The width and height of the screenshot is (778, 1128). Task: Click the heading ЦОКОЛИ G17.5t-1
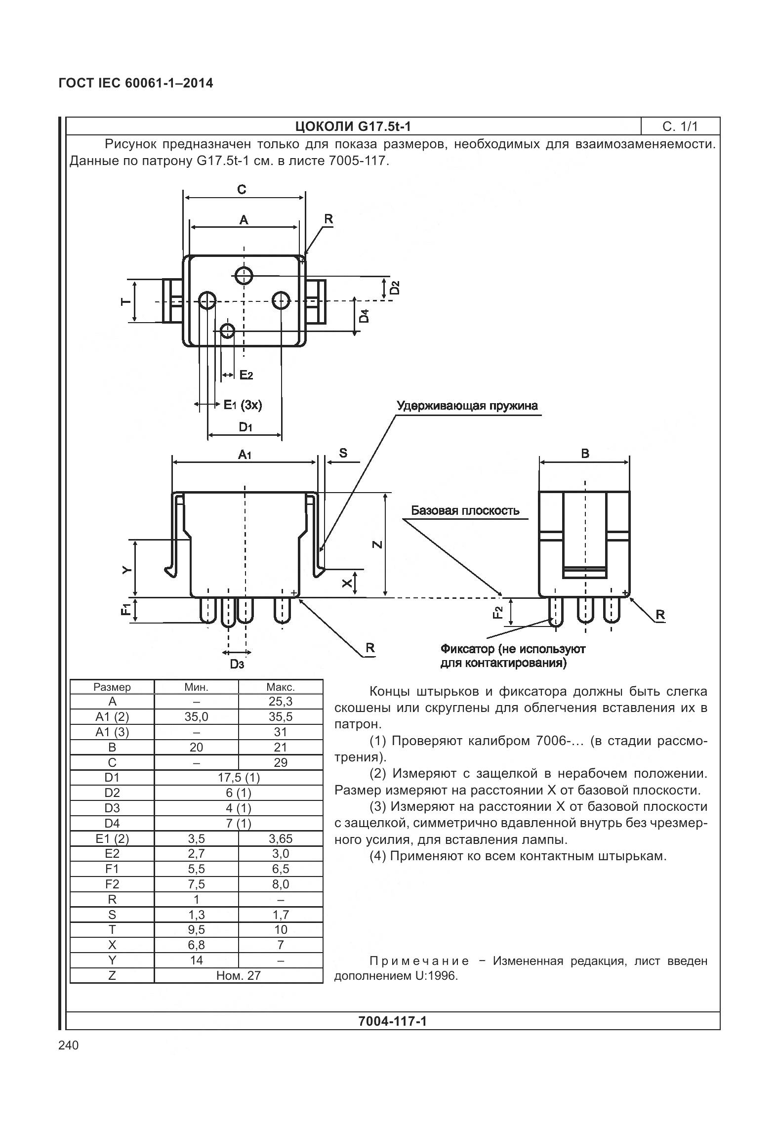(353, 126)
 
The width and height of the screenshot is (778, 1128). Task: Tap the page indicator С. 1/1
(680, 126)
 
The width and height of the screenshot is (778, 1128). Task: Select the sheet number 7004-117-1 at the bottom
(392, 1021)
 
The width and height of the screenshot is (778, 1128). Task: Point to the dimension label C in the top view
(242, 190)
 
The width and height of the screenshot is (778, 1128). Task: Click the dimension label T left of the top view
(125, 301)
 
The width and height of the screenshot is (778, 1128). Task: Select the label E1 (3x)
(243, 405)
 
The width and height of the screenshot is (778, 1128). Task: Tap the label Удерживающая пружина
(467, 406)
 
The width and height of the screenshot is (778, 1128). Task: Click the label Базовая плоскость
(465, 510)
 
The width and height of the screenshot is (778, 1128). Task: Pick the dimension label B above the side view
(585, 454)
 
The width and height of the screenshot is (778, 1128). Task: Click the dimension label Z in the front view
(377, 544)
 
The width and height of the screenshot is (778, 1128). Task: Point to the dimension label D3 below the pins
(237, 665)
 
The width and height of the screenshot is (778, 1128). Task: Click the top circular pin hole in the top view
(244, 275)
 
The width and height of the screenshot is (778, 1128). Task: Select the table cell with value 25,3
(280, 702)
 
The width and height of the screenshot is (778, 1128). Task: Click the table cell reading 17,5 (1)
(239, 778)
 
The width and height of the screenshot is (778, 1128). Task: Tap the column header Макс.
(280, 687)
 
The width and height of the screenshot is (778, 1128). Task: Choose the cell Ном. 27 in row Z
(239, 975)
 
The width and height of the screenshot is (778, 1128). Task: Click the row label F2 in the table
(112, 884)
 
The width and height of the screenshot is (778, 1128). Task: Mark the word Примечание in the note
(419, 961)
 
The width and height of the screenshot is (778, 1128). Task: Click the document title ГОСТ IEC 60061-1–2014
(136, 83)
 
